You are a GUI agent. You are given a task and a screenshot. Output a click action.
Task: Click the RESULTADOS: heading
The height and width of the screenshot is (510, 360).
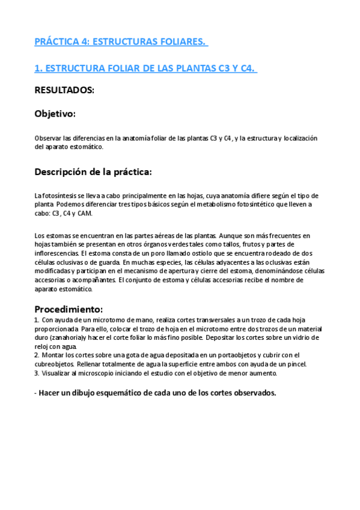64,90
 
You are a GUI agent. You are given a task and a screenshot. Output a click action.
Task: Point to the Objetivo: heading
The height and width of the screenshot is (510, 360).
55,113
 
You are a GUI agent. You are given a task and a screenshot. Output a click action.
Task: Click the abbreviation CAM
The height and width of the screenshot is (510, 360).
85,214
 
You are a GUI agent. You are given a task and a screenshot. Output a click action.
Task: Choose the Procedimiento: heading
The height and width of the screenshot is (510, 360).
69,309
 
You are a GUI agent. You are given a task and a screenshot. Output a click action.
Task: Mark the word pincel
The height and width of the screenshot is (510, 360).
295,364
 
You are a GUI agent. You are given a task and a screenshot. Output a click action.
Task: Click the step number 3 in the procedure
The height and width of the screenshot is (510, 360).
36,373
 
